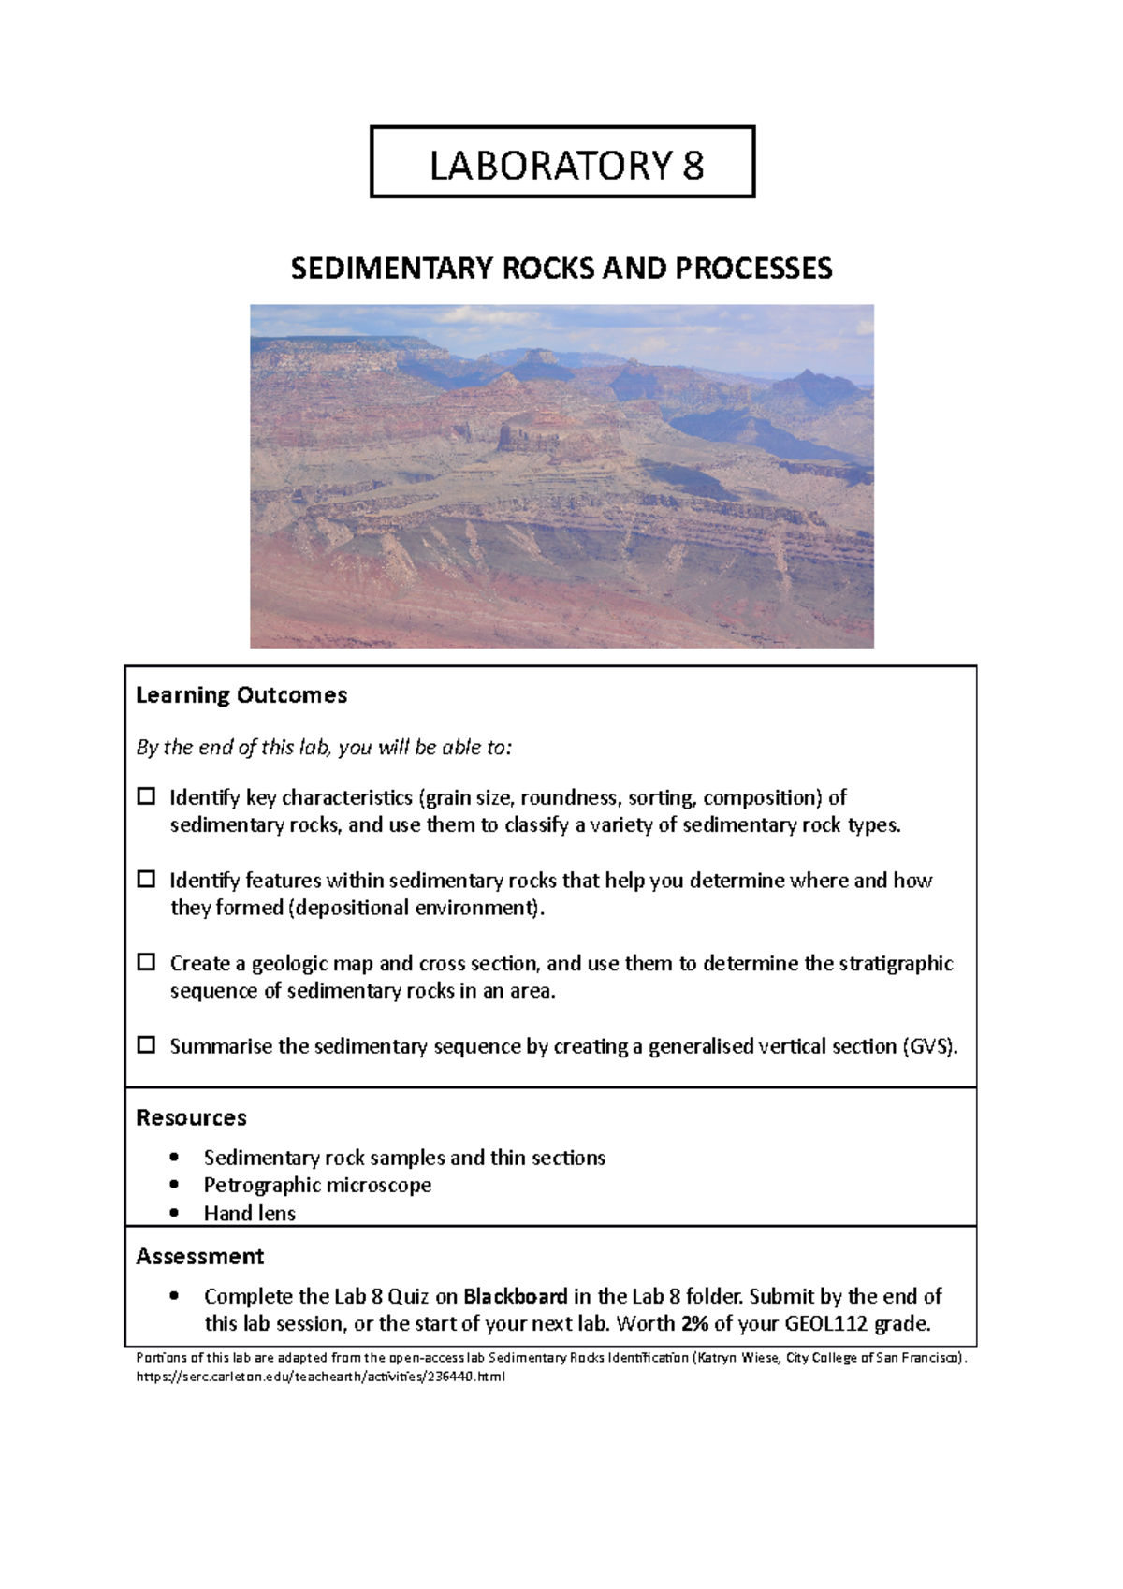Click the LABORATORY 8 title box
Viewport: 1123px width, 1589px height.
[x=562, y=163]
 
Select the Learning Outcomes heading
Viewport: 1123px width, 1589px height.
[x=241, y=695]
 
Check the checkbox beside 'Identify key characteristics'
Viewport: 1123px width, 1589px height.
[x=146, y=796]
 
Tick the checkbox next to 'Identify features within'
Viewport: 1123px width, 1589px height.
[x=146, y=880]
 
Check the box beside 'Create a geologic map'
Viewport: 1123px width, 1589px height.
[x=146, y=962]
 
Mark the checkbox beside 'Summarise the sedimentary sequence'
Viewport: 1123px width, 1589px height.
[x=146, y=1045]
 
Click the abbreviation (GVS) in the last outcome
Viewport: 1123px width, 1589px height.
[x=929, y=1046]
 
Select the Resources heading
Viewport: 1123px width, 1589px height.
[x=191, y=1117]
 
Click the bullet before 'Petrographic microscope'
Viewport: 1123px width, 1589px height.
[x=174, y=1185]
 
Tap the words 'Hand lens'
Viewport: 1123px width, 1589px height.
[x=249, y=1214]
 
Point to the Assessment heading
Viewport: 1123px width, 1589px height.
[x=199, y=1256]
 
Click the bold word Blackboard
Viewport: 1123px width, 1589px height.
[x=515, y=1296]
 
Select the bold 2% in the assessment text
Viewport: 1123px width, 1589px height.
[x=694, y=1324]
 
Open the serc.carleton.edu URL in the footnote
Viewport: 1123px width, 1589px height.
[x=320, y=1377]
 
